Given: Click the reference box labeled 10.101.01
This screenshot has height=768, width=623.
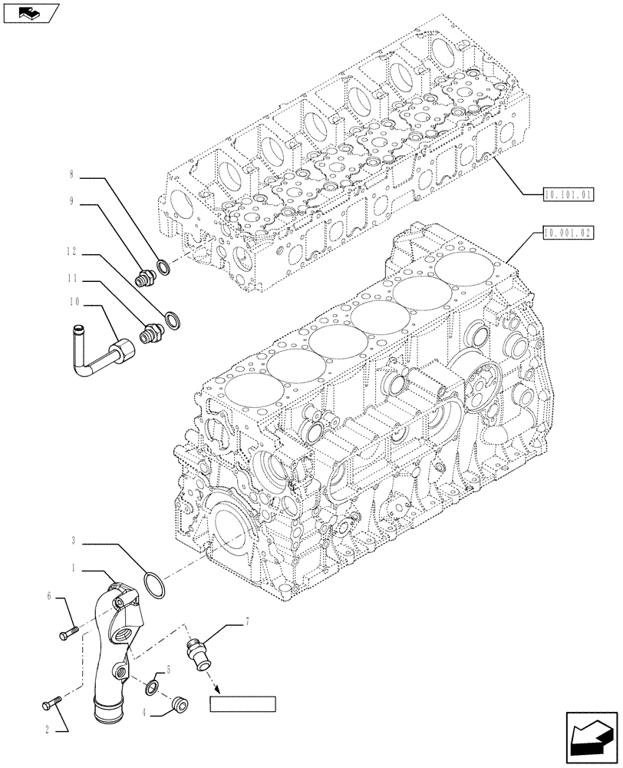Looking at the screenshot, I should coord(568,196).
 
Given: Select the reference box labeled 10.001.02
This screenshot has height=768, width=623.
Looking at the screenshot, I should coord(568,231).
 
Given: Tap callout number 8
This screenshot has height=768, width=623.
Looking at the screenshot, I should coord(71,174).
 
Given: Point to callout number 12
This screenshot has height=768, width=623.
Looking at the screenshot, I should coord(71,251).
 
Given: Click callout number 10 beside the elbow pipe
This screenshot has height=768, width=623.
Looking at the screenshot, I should coord(73,303).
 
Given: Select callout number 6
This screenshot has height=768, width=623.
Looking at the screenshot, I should coord(50,597).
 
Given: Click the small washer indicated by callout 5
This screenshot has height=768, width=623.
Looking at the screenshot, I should coord(153,686).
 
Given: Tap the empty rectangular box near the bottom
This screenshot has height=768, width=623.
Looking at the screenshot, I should coord(242,704).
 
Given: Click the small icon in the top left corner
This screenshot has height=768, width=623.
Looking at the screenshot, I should coord(30,12).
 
